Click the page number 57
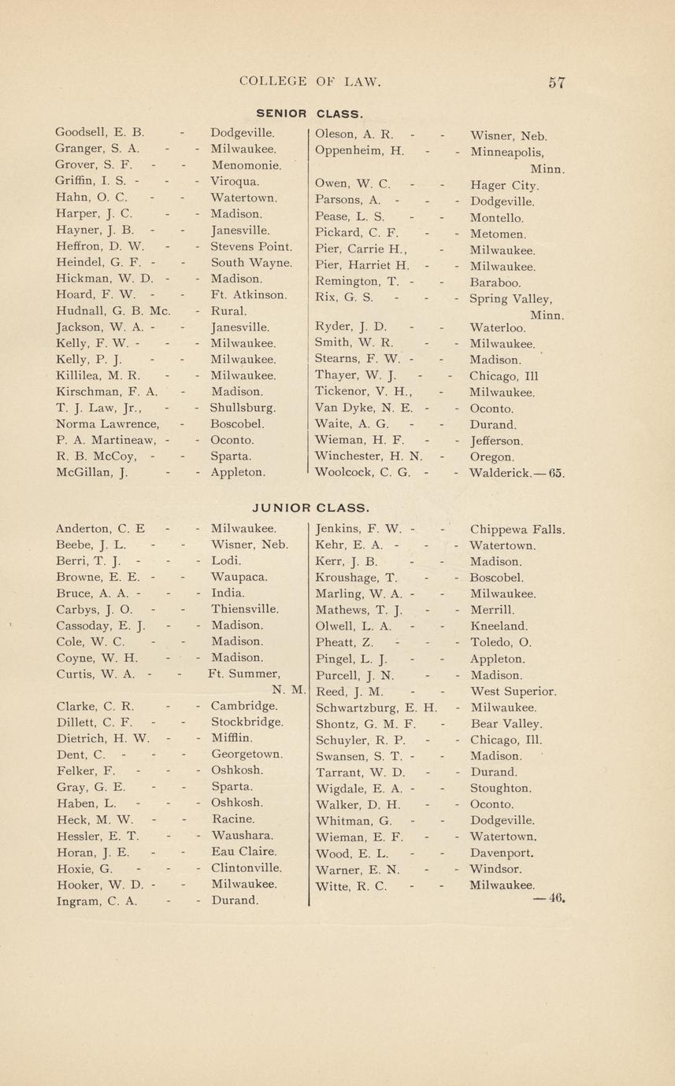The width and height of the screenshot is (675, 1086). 557,83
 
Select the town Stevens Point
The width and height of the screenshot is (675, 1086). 251,246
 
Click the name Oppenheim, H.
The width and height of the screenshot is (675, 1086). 359,150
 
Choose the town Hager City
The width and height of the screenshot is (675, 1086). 504,186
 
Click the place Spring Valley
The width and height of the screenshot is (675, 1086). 510,299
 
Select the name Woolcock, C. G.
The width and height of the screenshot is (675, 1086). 362,473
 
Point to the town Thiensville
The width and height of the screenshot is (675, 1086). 246,609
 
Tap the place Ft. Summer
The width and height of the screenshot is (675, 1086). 244,674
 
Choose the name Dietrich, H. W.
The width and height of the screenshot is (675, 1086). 103,738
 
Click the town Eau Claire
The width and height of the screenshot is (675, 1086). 244,851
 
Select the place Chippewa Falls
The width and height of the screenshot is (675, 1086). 517,529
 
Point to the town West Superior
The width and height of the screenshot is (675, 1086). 513,691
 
